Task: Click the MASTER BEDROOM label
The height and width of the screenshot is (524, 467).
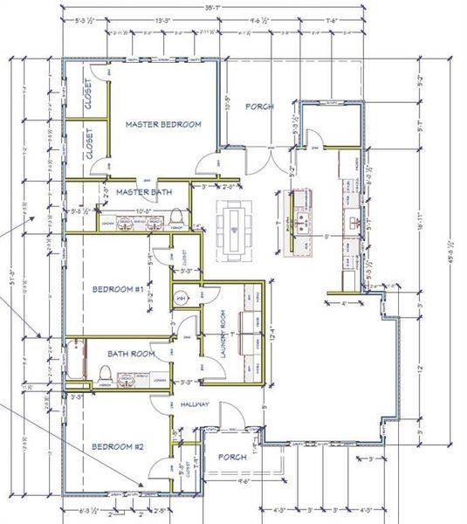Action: (x=163, y=125)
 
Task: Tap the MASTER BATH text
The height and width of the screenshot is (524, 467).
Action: (x=143, y=192)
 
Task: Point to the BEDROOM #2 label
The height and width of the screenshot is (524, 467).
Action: (x=118, y=446)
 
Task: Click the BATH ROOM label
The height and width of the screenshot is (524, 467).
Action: (x=131, y=354)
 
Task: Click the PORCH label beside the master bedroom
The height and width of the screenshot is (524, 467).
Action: (x=259, y=107)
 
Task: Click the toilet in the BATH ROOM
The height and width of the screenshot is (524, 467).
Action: (x=105, y=376)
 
